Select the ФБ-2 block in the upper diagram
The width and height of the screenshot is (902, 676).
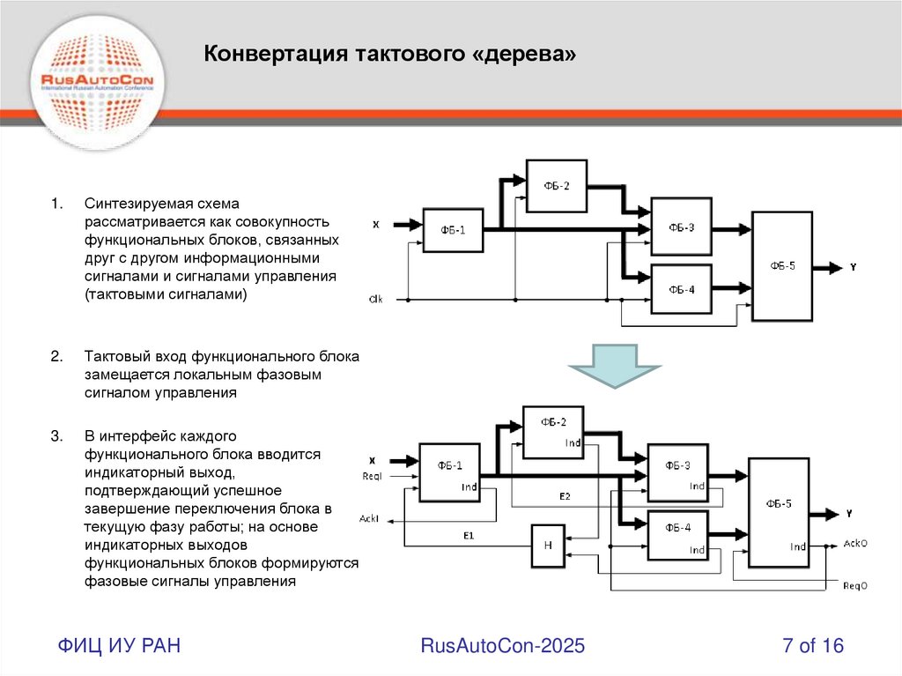point(556,186)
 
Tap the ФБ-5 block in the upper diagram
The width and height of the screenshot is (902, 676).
point(781,266)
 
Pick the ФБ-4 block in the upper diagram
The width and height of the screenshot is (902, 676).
point(681,289)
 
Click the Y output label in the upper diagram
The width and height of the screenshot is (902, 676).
point(853,266)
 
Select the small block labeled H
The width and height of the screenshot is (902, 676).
point(547,546)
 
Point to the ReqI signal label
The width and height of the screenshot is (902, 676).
point(372,477)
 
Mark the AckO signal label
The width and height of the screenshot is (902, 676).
point(855,544)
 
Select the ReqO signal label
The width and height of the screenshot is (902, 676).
point(855,584)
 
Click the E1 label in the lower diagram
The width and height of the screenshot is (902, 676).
point(469,535)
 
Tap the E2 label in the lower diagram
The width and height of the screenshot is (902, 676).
point(565,497)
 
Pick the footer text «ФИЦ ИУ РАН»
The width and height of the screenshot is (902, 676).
point(120,646)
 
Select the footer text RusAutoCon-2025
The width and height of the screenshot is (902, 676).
point(502,646)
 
